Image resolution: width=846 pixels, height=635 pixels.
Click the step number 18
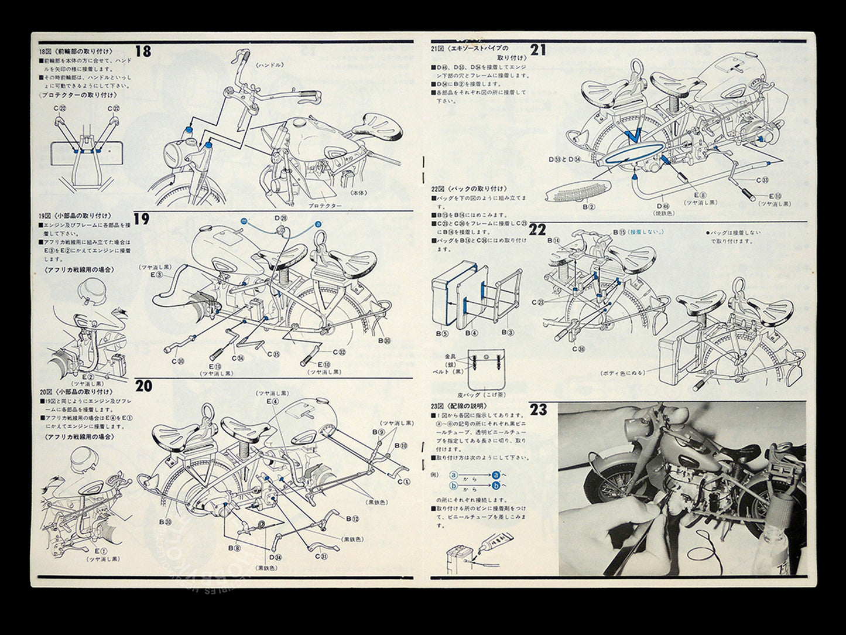(x=143, y=52)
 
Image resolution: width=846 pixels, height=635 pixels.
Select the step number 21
(x=538, y=50)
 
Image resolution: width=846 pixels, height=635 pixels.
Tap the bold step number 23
(x=538, y=409)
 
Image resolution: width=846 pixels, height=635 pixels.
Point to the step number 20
(x=143, y=386)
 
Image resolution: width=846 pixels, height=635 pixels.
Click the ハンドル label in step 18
(x=270, y=65)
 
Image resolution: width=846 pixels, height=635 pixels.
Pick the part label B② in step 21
(x=588, y=206)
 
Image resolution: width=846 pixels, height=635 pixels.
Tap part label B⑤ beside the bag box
(x=441, y=333)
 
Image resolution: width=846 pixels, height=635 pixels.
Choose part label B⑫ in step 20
(x=352, y=519)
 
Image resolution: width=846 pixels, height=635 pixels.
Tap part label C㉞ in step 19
(x=238, y=359)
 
